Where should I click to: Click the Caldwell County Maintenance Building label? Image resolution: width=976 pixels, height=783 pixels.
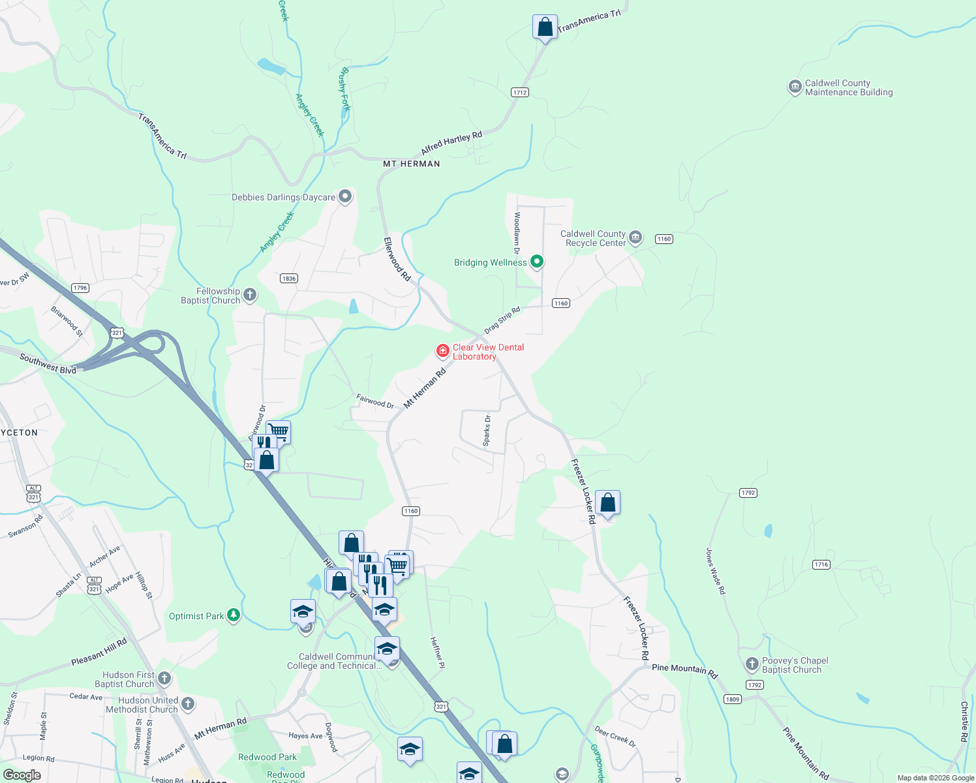(x=848, y=87)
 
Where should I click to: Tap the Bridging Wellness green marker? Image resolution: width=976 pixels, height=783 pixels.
(x=537, y=262)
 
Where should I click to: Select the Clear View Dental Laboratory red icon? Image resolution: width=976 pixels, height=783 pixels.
(x=443, y=352)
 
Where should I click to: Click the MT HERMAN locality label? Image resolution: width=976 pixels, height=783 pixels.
(x=411, y=164)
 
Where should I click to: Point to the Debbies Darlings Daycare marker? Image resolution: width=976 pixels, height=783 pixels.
(x=345, y=196)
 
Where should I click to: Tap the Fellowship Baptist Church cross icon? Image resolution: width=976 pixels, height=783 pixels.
(x=250, y=296)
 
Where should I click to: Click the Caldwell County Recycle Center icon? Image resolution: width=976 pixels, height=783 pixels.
(x=635, y=238)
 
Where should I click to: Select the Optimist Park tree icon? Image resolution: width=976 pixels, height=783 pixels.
(x=234, y=616)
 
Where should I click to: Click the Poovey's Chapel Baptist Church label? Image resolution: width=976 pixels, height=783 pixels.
(x=795, y=665)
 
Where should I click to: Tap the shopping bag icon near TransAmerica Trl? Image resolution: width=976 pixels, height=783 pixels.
(x=545, y=27)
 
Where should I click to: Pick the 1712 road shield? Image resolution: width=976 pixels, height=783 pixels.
(x=520, y=93)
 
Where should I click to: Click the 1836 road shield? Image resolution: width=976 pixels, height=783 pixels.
(x=289, y=279)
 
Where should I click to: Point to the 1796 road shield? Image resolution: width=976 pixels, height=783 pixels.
(x=80, y=288)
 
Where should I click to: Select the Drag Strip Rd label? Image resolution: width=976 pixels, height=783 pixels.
(x=502, y=320)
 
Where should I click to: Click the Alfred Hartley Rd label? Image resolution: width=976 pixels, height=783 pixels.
(x=451, y=142)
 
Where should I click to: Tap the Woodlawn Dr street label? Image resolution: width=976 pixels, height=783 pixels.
(x=517, y=233)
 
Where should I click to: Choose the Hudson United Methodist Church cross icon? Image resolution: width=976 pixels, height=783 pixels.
(x=188, y=704)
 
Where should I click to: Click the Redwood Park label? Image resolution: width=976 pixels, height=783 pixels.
(x=267, y=757)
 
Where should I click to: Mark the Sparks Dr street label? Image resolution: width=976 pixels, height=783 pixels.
(x=487, y=431)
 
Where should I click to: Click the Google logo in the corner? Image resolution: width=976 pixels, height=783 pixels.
(x=22, y=775)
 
